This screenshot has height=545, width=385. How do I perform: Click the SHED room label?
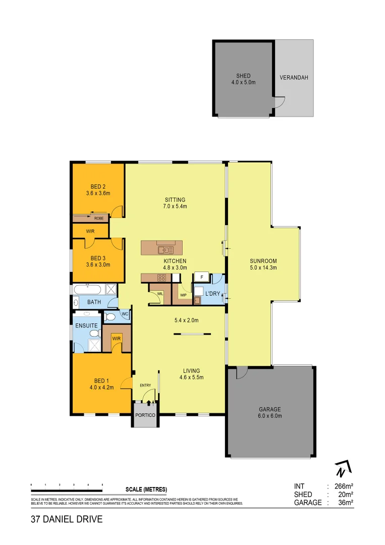(x=243, y=76)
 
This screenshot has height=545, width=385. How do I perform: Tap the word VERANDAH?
(x=294, y=78)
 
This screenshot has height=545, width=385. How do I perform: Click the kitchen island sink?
(x=166, y=249)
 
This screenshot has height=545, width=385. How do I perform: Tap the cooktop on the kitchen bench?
(x=162, y=277)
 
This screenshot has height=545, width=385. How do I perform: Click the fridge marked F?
(x=202, y=277)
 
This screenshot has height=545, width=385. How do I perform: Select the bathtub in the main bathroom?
(x=89, y=290)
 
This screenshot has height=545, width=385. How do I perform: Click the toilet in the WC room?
(x=111, y=317)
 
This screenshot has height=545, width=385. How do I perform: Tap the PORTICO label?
(x=145, y=415)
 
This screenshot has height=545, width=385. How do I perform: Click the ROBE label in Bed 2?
(x=99, y=218)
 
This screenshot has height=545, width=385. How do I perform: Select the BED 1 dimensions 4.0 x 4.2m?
(x=101, y=388)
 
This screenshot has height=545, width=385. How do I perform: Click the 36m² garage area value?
(x=344, y=503)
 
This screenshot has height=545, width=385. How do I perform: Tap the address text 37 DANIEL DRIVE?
(x=67, y=519)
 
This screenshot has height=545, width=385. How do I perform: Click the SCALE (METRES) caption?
(x=146, y=489)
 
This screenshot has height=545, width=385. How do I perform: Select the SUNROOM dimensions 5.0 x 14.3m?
(x=263, y=268)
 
